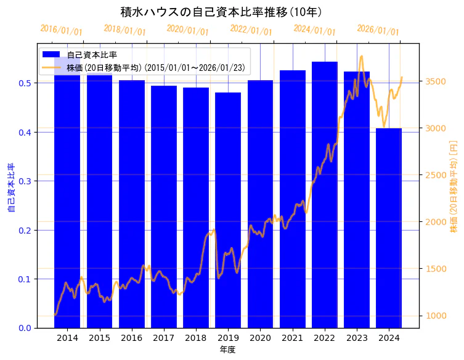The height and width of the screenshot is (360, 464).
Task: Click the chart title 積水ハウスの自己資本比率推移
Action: coord(221,12)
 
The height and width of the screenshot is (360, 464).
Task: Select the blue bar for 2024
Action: coord(389,228)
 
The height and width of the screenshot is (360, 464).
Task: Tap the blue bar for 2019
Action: coord(228,210)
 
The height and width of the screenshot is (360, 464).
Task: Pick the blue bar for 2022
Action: coord(325,194)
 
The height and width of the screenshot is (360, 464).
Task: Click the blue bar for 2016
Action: coord(132,203)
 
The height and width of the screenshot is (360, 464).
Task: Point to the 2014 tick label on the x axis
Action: coord(67,338)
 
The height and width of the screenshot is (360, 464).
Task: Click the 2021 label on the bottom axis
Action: coord(293,338)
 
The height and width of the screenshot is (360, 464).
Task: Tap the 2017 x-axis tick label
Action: coord(164,338)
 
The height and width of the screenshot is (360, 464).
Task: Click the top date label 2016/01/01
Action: coord(61,30)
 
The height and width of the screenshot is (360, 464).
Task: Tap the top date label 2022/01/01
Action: coord(251,30)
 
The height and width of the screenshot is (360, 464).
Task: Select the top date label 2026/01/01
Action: coord(378,30)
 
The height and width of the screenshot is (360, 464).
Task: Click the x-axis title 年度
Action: coord(227,350)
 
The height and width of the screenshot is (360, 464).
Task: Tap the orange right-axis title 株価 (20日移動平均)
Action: coord(454,186)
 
